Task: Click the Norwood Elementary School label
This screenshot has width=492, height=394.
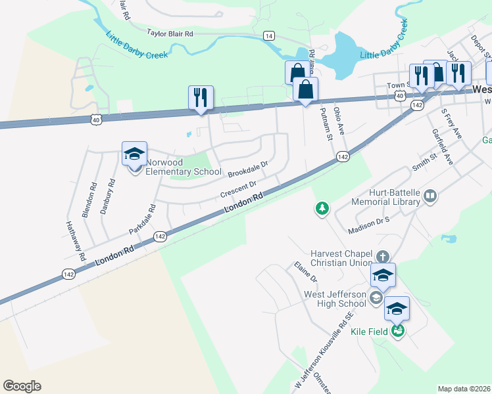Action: pos(183,167)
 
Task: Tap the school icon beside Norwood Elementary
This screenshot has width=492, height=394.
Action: pos(135,155)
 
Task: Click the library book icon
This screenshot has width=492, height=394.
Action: pos(430,196)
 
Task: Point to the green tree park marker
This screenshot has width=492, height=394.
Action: pos(322,209)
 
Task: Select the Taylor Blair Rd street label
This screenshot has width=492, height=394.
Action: pos(170,33)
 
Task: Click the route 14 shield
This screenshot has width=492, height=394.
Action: pos(268,36)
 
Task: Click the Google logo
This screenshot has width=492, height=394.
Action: pos(22,386)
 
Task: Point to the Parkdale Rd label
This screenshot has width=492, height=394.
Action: pos(143,220)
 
